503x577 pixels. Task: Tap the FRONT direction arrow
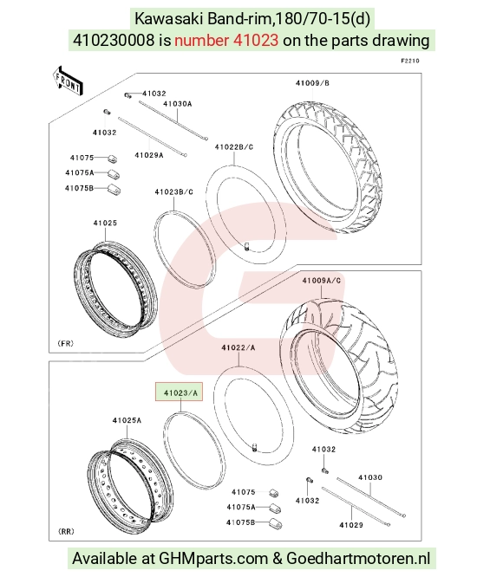(x=68, y=81)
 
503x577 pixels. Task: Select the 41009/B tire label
(x=312, y=83)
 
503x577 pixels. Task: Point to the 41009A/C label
(x=322, y=281)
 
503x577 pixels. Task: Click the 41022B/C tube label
(x=234, y=147)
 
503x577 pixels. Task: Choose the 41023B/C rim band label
(x=173, y=192)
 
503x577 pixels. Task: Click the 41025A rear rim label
(x=127, y=420)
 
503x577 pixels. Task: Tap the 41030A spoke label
(x=178, y=104)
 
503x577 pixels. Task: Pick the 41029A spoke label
(x=149, y=155)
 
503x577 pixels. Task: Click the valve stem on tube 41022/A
(x=254, y=447)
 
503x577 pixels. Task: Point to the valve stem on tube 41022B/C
(x=246, y=246)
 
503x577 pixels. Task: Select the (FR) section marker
(x=66, y=343)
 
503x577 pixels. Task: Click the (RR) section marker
(x=66, y=531)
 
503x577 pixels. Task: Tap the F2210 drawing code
(x=410, y=61)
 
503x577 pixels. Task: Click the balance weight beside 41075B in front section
(x=114, y=190)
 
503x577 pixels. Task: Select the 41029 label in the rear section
(x=351, y=525)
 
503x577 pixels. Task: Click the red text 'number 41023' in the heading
(x=226, y=40)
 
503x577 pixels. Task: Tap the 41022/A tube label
(x=238, y=347)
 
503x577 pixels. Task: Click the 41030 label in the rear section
(x=370, y=477)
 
